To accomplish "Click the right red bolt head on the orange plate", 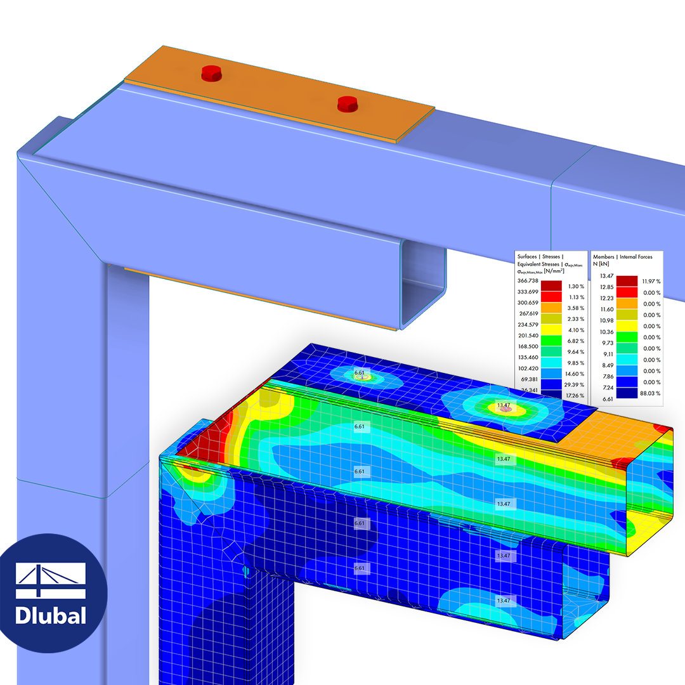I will [347, 103].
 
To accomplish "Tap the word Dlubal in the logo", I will [51, 615].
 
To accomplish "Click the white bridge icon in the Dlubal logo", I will [51, 580].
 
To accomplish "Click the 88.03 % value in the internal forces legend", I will [650, 393].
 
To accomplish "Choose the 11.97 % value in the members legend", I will [650, 281].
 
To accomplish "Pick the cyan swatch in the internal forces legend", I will [627, 360].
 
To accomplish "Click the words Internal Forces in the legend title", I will [639, 256].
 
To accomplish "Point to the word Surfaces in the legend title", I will [532, 256].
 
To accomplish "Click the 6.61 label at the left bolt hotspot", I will [360, 373].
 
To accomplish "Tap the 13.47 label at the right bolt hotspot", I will [504, 405].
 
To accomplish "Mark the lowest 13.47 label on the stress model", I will [504, 600].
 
